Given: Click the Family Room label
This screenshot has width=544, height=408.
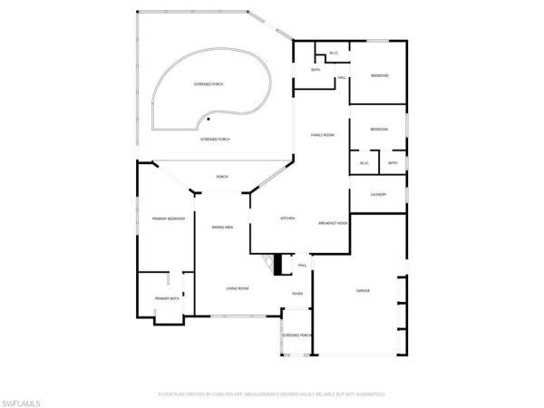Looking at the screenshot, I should (324, 135).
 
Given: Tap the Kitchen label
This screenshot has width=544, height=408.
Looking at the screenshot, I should (288, 219).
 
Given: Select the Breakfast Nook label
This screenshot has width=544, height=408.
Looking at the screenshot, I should (334, 222).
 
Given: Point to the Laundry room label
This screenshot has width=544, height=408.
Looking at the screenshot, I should (379, 195).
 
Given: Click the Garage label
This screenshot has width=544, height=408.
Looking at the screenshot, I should (363, 290).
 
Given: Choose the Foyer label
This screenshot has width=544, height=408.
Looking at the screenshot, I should (296, 294).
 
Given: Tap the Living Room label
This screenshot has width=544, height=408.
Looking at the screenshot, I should (238, 288).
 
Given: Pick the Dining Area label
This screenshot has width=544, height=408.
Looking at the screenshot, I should (224, 227).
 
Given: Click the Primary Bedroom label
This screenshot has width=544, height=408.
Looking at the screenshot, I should (156, 219).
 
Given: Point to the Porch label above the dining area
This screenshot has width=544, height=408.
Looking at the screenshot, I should (221, 176).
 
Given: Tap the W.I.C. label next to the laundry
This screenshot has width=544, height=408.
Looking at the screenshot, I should (364, 163).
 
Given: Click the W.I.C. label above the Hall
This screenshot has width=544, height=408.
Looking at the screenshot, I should (334, 53).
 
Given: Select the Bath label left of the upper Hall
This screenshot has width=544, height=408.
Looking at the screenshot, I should (316, 70).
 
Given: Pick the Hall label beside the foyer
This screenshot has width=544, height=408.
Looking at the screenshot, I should (303, 265).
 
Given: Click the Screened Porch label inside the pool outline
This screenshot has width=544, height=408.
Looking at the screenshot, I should (209, 84).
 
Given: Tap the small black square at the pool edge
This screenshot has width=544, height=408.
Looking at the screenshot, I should (209, 118).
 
